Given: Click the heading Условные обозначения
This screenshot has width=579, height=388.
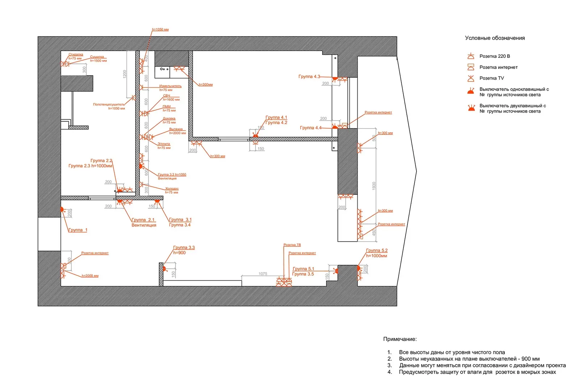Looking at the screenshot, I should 494,38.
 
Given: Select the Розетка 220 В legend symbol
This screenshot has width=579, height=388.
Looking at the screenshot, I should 470,56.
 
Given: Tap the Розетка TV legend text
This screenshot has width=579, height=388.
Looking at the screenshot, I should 491,78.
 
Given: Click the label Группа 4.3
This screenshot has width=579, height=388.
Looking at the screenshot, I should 309,77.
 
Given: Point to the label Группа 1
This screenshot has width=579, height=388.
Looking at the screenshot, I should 78,230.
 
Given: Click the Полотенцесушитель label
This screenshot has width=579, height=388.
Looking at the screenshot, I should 109,104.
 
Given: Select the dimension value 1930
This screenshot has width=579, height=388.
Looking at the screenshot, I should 374,186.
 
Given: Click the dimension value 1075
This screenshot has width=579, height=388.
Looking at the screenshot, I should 263,273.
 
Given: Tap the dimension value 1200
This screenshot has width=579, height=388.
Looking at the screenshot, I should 124,74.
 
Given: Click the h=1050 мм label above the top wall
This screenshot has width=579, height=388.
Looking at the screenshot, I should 160,29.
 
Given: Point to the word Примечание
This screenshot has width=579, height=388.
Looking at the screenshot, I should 400,339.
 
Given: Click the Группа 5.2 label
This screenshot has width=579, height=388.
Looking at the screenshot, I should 376,250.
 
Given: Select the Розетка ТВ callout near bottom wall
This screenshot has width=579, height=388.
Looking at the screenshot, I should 292,245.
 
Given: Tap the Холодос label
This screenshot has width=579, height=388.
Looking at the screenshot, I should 172,189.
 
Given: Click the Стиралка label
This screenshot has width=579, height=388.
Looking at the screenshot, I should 76,55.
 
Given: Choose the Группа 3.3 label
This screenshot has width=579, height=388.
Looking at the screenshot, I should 184,247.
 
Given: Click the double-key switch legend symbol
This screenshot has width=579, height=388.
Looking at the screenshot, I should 471,108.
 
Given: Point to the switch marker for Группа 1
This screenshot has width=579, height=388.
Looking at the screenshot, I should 62,209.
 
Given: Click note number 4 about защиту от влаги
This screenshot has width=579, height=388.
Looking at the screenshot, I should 477,372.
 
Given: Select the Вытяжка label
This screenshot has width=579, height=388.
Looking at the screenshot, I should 176,129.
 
